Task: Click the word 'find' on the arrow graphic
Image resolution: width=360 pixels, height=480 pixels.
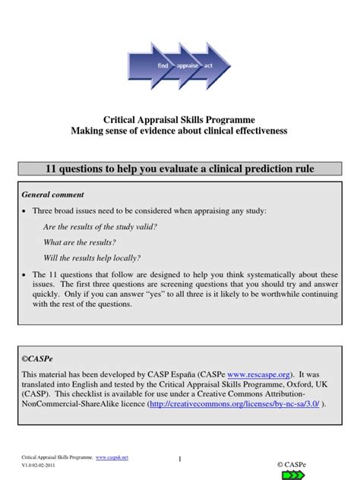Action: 163,67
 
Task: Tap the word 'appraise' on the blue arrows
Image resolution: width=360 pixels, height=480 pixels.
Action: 187,67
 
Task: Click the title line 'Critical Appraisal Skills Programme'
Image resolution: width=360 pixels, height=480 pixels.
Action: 179,119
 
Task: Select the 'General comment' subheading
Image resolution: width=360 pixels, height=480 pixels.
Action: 52,194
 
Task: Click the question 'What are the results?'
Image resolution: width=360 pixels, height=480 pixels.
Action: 80,242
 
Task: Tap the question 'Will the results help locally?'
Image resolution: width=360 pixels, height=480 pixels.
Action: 92,257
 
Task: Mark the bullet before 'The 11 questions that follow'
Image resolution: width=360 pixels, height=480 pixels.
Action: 25,274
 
